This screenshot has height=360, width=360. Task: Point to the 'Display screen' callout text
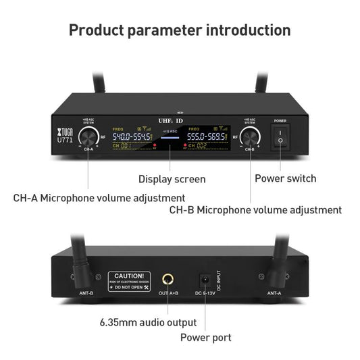tap(172, 179)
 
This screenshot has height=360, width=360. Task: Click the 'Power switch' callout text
tap(284, 179)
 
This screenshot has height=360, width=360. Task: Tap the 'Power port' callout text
tap(205, 337)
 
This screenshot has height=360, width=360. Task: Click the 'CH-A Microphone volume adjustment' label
tap(99, 198)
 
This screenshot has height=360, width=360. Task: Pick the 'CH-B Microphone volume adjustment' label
tap(255, 210)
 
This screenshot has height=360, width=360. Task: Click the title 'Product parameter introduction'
tap(180, 30)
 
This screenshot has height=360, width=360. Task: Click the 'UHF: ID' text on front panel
tap(170, 121)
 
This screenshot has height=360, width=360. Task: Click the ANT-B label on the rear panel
tap(87, 293)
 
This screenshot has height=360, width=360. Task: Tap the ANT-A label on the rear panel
tap(274, 293)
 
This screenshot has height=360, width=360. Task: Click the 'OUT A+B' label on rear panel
tap(168, 293)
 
